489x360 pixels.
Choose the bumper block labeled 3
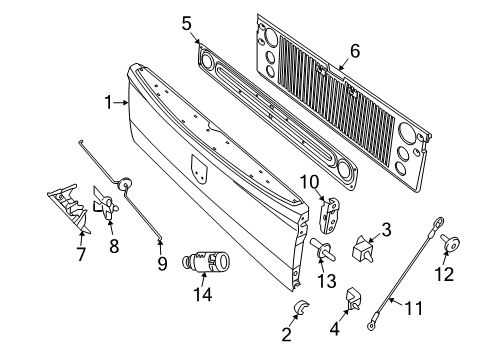(x=363, y=249)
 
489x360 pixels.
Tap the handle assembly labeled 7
(x=65, y=211)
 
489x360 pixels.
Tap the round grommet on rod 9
(x=126, y=184)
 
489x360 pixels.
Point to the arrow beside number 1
(x=124, y=102)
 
